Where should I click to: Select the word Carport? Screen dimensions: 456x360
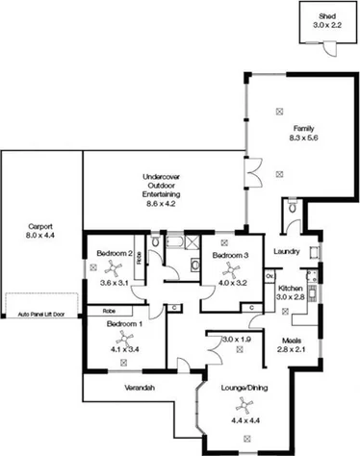40,227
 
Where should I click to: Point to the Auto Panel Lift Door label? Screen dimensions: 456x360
42,314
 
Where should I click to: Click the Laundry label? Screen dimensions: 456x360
287,253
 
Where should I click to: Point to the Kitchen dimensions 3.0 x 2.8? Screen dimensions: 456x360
291,298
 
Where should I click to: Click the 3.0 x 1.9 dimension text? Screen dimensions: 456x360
236,340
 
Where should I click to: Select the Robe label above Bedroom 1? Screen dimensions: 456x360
109,312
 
